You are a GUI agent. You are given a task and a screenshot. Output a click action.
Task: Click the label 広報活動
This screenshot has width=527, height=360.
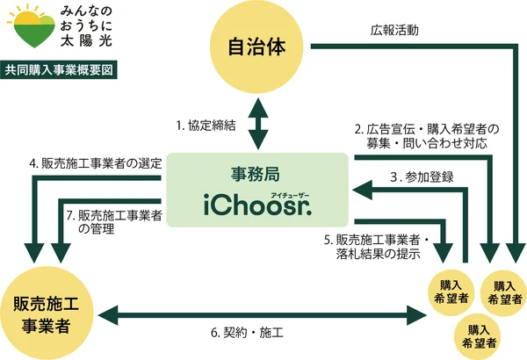click(x=395, y=29)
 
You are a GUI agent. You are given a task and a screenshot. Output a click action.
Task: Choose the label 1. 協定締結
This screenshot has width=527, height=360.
click(x=206, y=126)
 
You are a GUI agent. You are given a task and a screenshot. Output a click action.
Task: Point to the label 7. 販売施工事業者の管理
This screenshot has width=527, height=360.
click(x=113, y=220)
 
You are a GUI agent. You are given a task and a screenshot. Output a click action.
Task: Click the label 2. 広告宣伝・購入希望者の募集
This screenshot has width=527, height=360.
click(x=420, y=133)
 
